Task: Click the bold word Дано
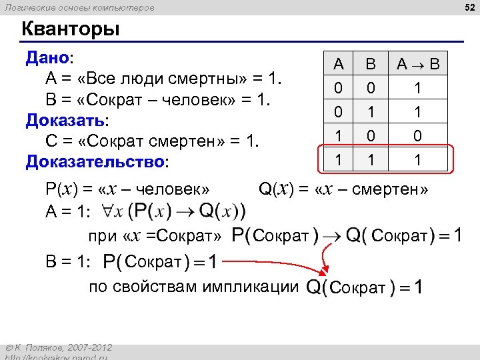pos(47,57)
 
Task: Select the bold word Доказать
pos(65,121)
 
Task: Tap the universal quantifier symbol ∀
pos(108,212)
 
